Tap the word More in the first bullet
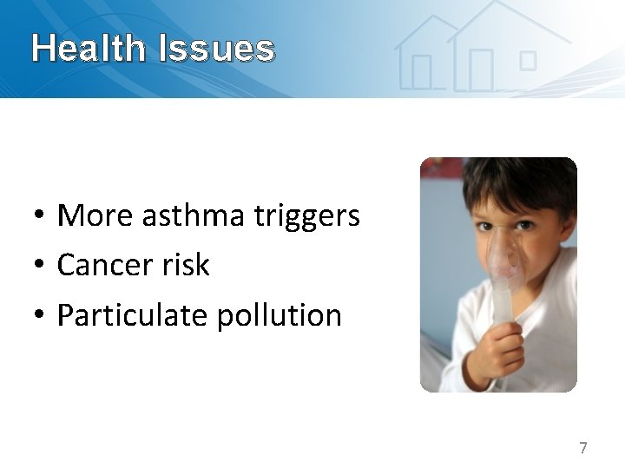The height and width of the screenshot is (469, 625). [94, 215]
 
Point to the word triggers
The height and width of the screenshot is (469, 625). [306, 216]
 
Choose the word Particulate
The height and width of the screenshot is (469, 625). [133, 315]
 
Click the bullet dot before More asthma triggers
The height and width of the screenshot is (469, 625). [40, 216]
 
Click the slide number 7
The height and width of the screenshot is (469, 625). [583, 448]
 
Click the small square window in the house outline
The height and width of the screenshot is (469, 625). [528, 60]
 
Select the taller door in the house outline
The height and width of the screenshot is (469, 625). [480, 69]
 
